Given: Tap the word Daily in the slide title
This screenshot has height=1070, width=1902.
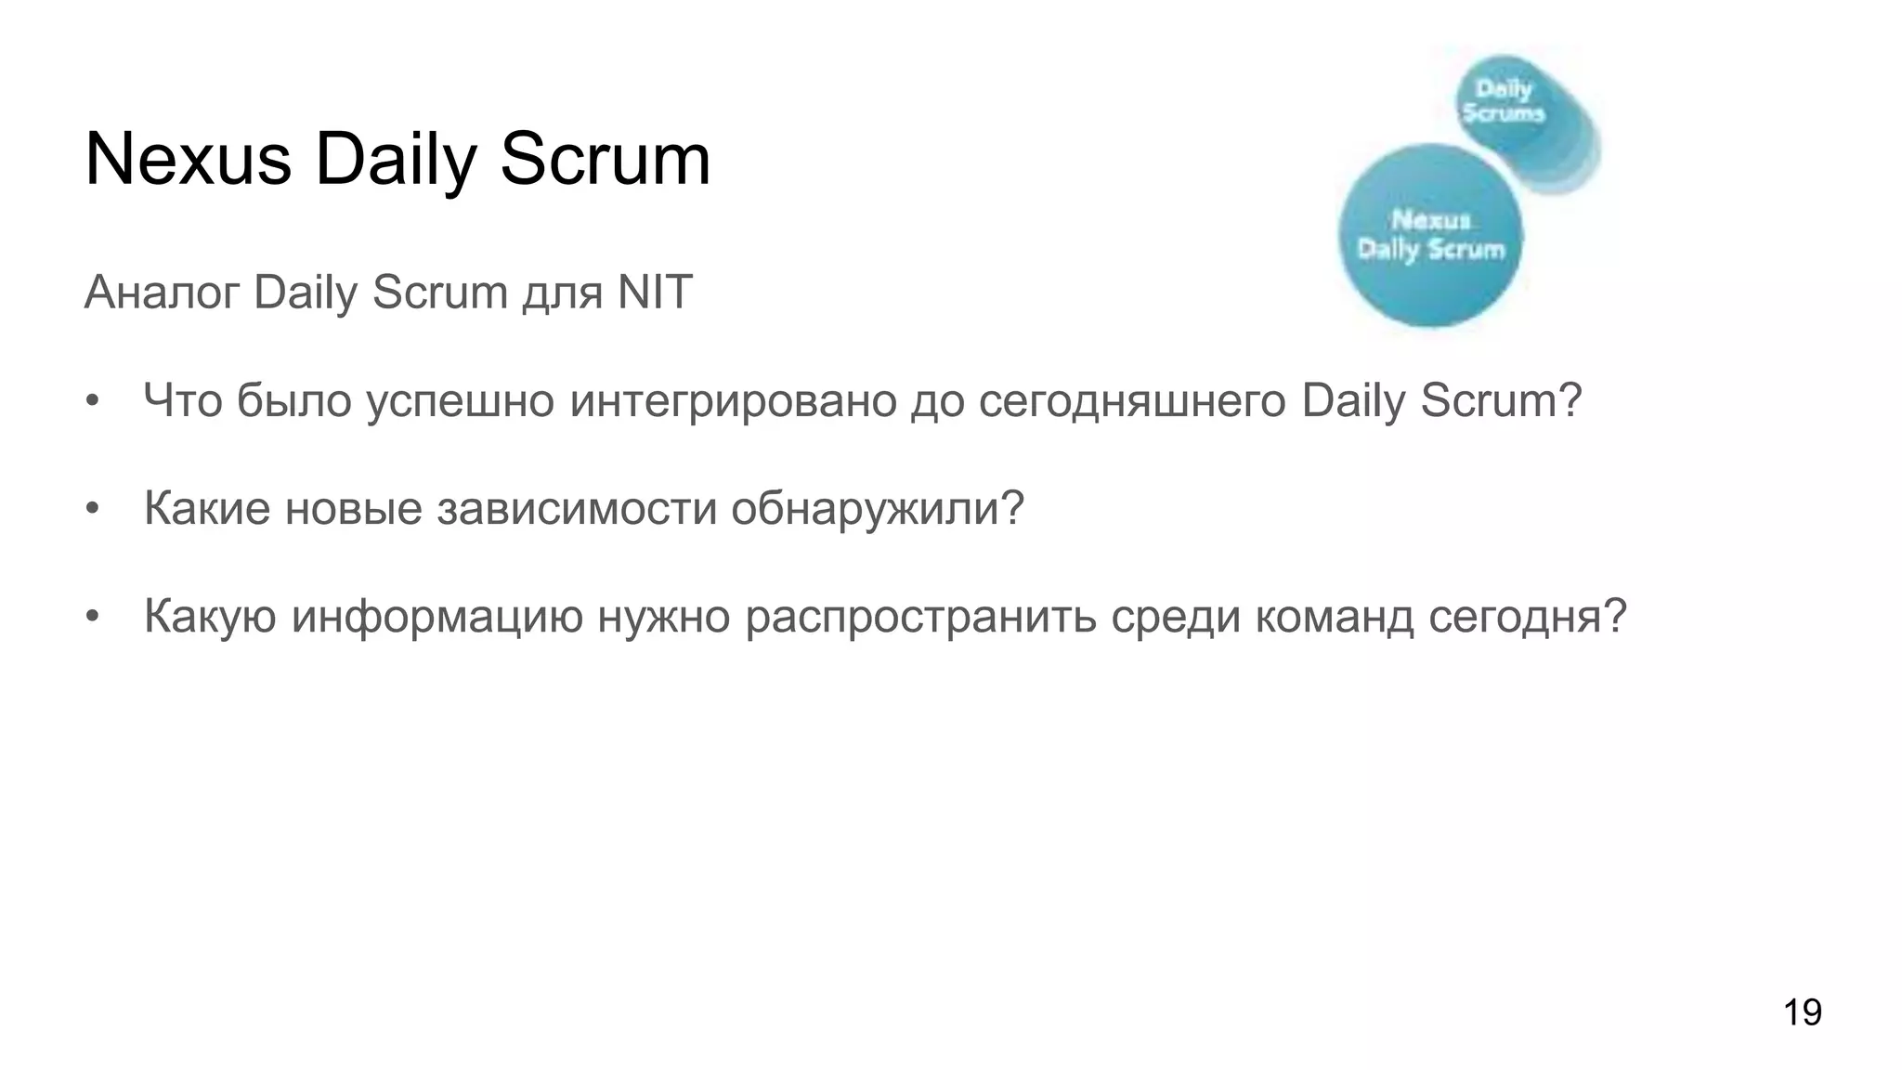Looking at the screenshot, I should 396,160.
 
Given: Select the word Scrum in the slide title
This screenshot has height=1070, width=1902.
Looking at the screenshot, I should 605,160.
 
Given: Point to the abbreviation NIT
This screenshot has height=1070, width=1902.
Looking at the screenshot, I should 655,293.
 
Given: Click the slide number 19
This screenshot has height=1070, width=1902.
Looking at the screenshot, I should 1802,1011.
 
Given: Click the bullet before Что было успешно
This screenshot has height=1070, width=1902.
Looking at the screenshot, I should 91,402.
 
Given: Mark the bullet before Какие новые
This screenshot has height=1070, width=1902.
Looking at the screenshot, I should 91,509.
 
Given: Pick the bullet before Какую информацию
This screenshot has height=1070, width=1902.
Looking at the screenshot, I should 91,617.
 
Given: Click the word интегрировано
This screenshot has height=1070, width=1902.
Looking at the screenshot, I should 733,401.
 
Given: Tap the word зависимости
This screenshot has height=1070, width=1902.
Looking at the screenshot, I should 577,508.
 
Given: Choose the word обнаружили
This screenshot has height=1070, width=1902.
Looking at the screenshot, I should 877,508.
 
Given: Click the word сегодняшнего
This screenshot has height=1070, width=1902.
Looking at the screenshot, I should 1132,401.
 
